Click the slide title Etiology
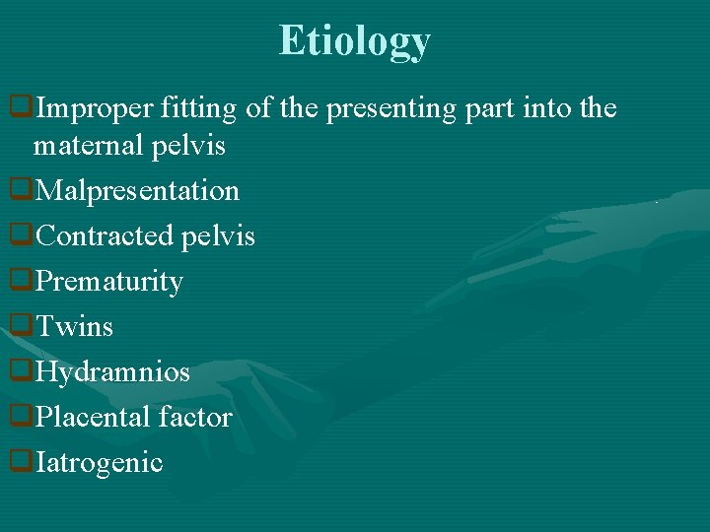pos(354,41)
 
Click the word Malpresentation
pos(137,190)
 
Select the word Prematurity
pos(108,282)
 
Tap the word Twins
pos(74,326)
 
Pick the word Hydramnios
pos(112,372)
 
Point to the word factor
pos(198,418)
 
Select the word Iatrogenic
pos(99,462)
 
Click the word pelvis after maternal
pos(191,146)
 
